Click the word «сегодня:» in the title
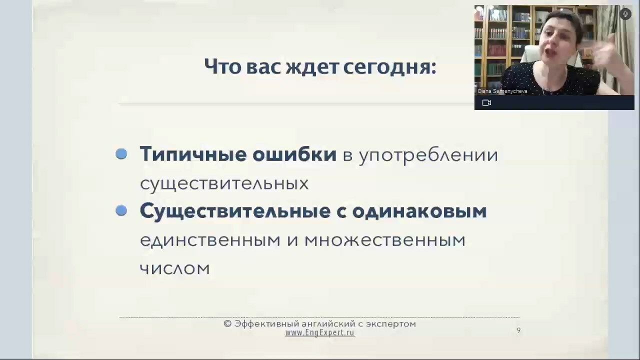click(389, 67)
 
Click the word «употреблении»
click(428, 155)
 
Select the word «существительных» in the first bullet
click(224, 183)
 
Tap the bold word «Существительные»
click(235, 211)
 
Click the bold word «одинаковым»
click(419, 211)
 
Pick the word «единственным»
click(210, 240)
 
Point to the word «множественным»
click(385, 240)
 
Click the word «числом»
click(175, 269)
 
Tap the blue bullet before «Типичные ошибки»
click(121, 153)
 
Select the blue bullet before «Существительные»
click(121, 210)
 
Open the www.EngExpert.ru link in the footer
click(320, 333)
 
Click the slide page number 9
click(518, 330)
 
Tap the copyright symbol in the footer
click(227, 323)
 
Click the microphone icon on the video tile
click(625, 14)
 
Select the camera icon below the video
click(486, 103)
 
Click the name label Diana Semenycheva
click(502, 91)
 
